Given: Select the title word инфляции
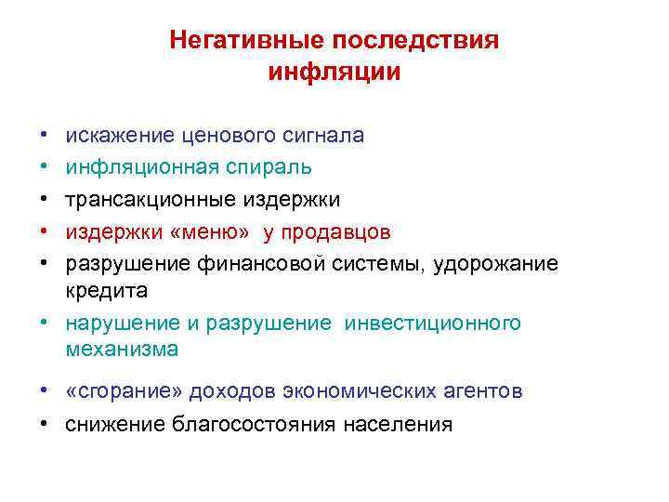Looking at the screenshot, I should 334,72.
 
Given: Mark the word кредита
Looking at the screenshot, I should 106,290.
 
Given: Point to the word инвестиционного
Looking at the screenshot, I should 433,323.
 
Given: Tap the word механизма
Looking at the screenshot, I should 121,350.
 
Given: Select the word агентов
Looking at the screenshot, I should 475,391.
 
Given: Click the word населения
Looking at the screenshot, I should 397,425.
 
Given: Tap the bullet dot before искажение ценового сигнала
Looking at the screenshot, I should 44,136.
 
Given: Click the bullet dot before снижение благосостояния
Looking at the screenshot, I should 44,425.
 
